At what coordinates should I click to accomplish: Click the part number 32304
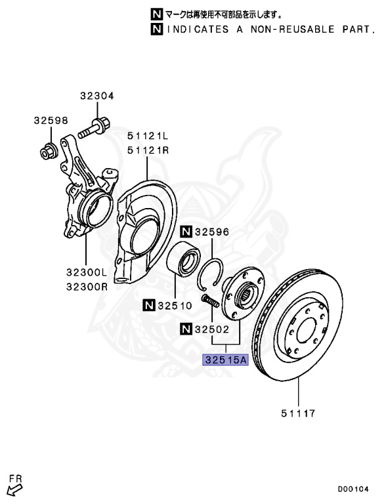(96, 96)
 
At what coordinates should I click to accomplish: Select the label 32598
(51, 121)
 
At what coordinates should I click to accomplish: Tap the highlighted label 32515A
(225, 360)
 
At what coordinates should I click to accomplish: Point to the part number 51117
(298, 413)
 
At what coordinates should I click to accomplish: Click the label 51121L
(148, 136)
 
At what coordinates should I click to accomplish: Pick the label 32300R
(87, 286)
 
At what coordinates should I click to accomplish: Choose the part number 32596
(212, 232)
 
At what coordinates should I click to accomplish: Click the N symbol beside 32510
(148, 305)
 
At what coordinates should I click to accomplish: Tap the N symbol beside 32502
(186, 329)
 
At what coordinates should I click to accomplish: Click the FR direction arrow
(15, 490)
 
